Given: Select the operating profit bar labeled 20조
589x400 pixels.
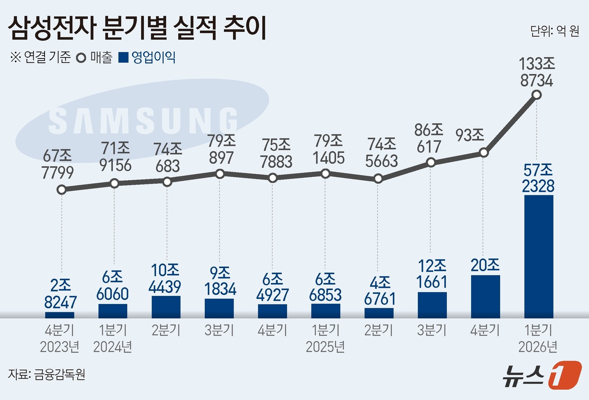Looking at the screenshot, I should click(486, 296).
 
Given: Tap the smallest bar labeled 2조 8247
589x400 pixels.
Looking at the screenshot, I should click(60, 315).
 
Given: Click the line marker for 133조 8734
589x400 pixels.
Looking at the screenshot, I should click(536, 95).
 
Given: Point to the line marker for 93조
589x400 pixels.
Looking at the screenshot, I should click(484, 152).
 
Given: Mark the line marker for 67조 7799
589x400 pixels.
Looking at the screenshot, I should click(61, 190).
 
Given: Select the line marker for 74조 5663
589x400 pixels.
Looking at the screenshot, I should click(378, 179).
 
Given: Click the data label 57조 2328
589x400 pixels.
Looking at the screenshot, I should click(538, 178).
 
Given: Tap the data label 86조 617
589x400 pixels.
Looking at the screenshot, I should click(429, 139).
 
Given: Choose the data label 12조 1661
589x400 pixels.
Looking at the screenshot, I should click(432, 274).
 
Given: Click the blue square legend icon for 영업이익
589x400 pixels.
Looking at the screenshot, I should click(123, 57).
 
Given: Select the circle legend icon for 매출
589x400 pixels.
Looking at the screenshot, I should click(81, 58).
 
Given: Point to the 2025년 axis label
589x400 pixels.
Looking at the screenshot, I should click(325, 347).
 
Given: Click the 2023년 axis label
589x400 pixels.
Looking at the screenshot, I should click(60, 347).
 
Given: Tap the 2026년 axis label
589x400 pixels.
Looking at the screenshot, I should click(538, 347).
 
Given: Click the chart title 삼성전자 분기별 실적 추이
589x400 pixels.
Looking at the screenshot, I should click(137, 29).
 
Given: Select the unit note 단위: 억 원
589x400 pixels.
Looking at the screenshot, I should click(555, 31).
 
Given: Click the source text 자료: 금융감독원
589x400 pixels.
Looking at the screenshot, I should click(47, 374).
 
